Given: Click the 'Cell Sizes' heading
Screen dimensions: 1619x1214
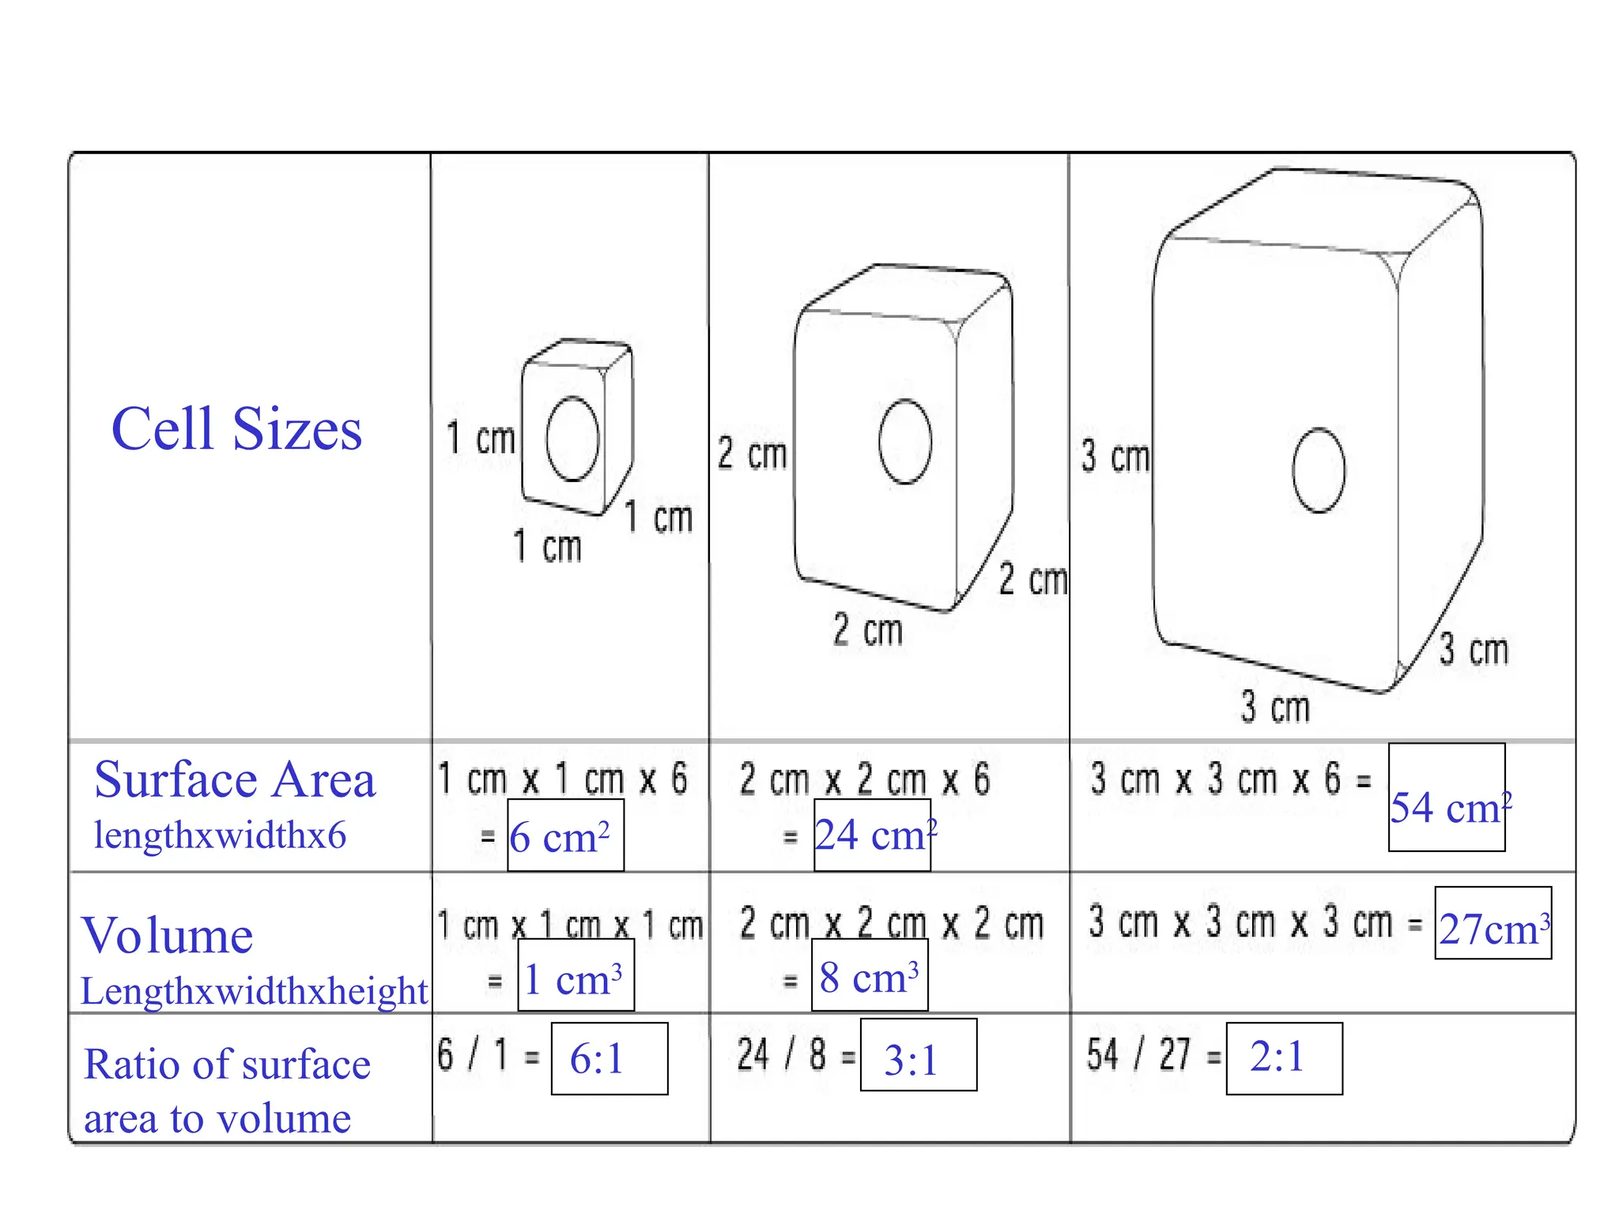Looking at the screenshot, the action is [x=236, y=428].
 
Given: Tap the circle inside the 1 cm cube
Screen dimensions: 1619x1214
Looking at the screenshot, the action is [x=547, y=439].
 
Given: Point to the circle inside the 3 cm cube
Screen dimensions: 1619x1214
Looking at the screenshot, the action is [x=1294, y=471].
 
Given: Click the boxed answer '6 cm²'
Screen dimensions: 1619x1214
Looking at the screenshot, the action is [x=565, y=835].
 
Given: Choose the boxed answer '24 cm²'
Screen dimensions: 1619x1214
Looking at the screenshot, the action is [x=872, y=835].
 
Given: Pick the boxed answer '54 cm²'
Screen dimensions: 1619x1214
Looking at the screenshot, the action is [x=1447, y=797].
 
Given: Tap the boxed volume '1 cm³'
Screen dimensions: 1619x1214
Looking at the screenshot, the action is [x=576, y=975].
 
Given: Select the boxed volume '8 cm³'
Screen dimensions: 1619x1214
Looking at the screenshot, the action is [x=870, y=975].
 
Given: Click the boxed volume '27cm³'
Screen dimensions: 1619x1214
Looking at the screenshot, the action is [x=1493, y=923].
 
